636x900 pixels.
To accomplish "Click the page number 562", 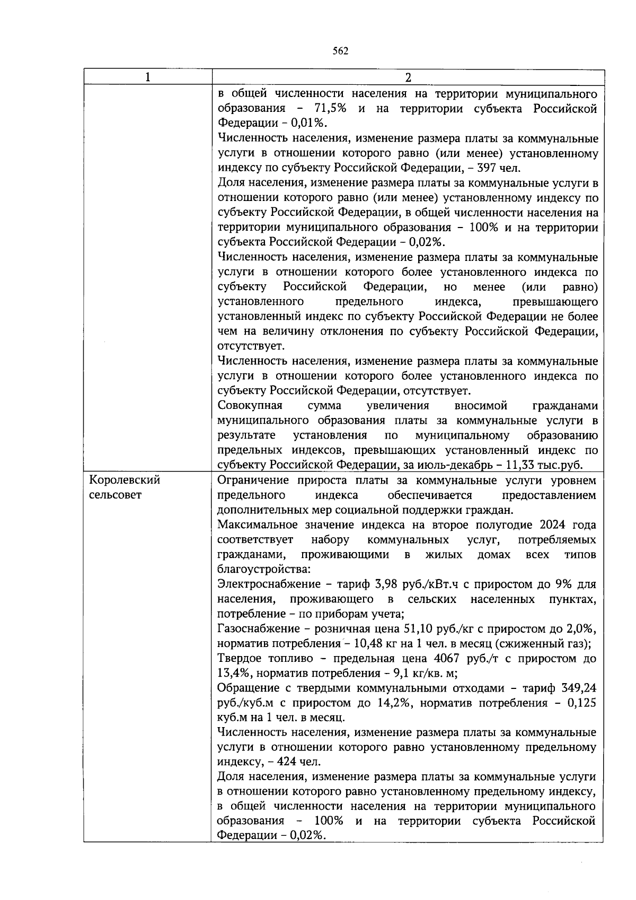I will [x=340, y=51].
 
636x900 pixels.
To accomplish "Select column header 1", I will [x=148, y=77].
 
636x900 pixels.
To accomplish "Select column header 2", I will [x=408, y=77].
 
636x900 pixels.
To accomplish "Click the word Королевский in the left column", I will [x=125, y=480].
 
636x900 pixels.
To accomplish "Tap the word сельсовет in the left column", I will [x=115, y=495].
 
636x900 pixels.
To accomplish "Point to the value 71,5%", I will [x=327, y=109].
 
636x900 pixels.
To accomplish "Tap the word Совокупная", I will [x=250, y=406].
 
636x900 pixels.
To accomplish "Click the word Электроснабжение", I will [x=268, y=584].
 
